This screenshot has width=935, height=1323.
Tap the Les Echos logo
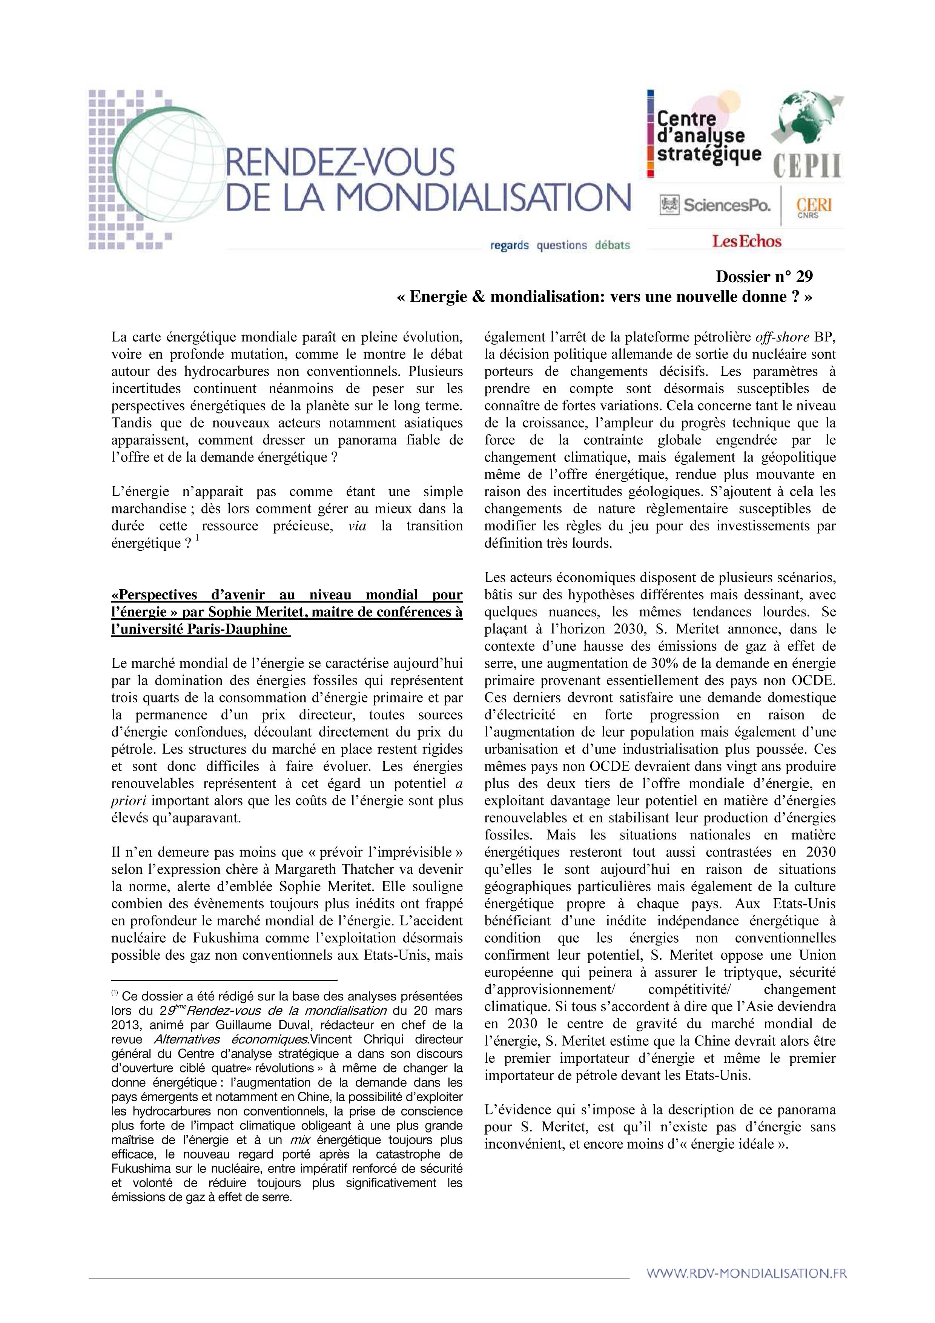747,241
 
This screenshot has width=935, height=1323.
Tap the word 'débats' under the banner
613,246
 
